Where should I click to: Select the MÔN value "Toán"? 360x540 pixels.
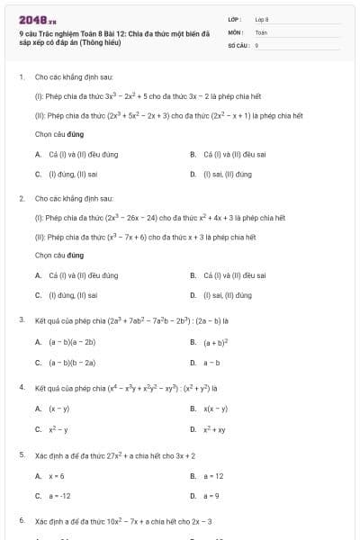coord(261,31)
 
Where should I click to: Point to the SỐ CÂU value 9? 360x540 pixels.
coord(256,44)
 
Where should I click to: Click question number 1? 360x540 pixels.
coord(21,77)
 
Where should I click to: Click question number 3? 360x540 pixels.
coord(21,319)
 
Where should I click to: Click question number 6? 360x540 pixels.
coord(21,521)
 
